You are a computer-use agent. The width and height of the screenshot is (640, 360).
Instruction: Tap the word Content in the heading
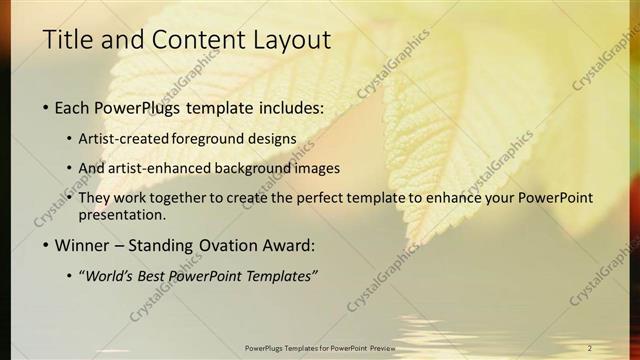coord(190,40)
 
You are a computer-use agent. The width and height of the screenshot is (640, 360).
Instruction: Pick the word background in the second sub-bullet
coord(236,168)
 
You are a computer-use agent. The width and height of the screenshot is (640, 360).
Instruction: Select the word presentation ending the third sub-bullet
coord(120,215)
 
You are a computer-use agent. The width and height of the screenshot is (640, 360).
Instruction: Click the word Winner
coord(85,245)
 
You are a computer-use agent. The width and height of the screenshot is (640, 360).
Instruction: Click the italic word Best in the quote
coord(155,276)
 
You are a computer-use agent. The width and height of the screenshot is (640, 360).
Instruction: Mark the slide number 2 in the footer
coord(589,347)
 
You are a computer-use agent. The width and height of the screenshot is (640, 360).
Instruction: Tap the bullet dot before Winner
coord(46,246)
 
